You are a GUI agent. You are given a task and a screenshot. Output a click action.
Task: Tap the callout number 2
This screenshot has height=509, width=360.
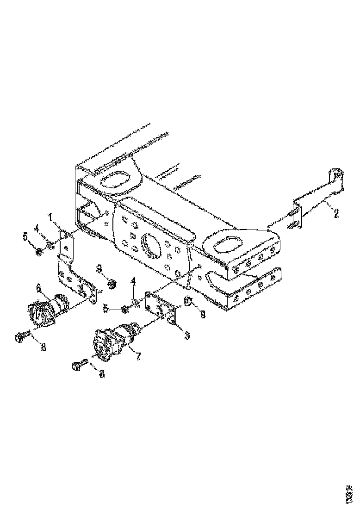(336, 213)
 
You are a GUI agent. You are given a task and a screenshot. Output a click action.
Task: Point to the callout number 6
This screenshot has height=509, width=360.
(39, 288)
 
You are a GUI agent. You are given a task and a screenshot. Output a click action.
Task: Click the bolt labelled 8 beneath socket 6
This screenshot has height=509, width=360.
(21, 337)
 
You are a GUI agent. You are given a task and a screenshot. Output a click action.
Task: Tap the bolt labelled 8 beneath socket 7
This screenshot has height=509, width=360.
(79, 365)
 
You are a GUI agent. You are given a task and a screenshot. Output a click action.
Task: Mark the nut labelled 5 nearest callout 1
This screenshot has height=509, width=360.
(39, 251)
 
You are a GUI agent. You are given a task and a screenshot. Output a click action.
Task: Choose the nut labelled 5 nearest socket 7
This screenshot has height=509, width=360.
(124, 309)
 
